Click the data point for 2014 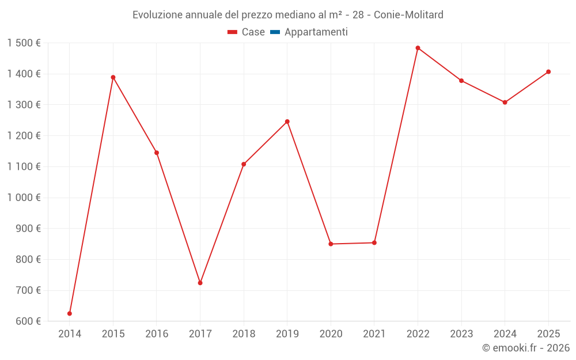(70, 313)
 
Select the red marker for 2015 (113, 77)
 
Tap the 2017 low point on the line (200, 283)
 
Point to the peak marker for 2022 (418, 48)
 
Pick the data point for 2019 (287, 122)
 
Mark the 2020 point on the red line (331, 244)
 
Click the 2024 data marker (505, 103)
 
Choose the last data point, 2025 (548, 72)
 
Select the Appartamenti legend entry (316, 32)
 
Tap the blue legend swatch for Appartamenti (275, 32)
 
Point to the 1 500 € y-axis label (24, 43)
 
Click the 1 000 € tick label (24, 198)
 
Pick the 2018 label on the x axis (244, 334)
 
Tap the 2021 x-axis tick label (374, 334)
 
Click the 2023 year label (461, 334)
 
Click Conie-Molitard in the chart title (408, 15)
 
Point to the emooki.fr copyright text (525, 348)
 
